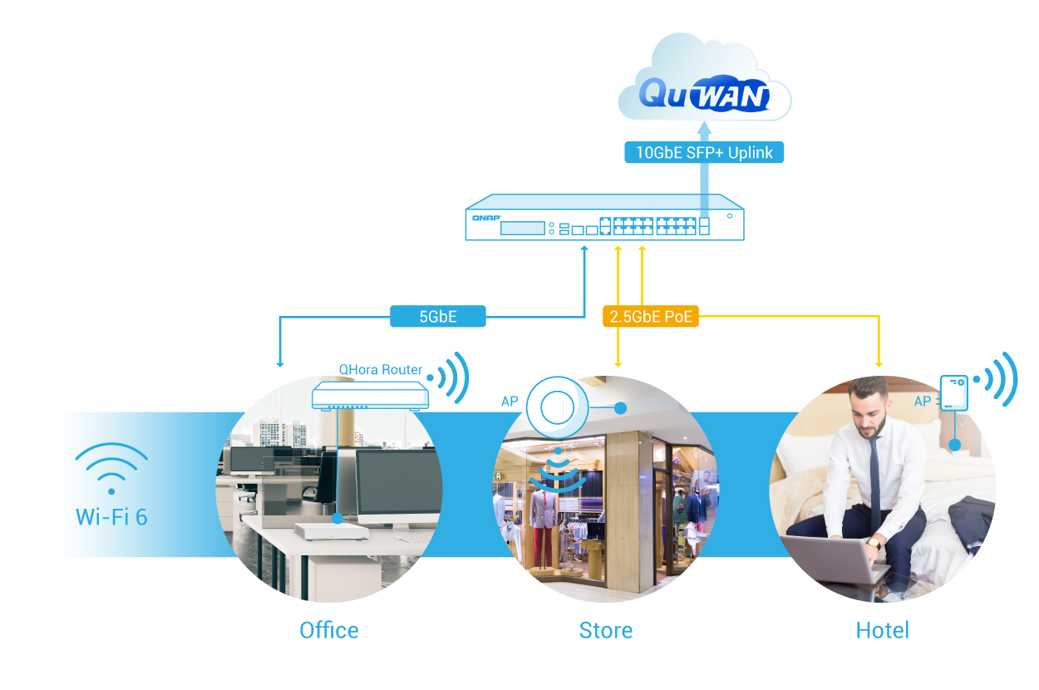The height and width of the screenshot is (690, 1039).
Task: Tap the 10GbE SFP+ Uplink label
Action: pos(703,152)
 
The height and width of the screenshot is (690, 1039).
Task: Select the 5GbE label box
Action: pos(437,316)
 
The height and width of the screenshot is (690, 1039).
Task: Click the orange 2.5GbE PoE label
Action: pos(650,316)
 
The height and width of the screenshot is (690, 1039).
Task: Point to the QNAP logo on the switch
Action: pos(486,218)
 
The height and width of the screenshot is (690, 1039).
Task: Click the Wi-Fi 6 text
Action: pos(111,517)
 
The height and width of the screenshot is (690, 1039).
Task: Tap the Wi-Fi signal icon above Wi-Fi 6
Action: pos(111,467)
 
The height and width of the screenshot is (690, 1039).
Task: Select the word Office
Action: pos(329,630)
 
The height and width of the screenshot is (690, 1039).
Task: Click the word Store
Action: pos(606,630)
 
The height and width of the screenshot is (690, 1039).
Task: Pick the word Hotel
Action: pos(883,630)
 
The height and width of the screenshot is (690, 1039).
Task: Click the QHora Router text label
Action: pos(381,370)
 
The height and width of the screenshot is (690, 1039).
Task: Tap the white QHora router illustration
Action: pos(371,396)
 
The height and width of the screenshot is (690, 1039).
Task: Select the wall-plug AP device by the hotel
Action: pos(954,393)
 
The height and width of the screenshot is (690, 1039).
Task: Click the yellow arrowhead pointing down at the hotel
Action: pos(879,363)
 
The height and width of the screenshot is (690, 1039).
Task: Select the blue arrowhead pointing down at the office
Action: pos(280,363)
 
